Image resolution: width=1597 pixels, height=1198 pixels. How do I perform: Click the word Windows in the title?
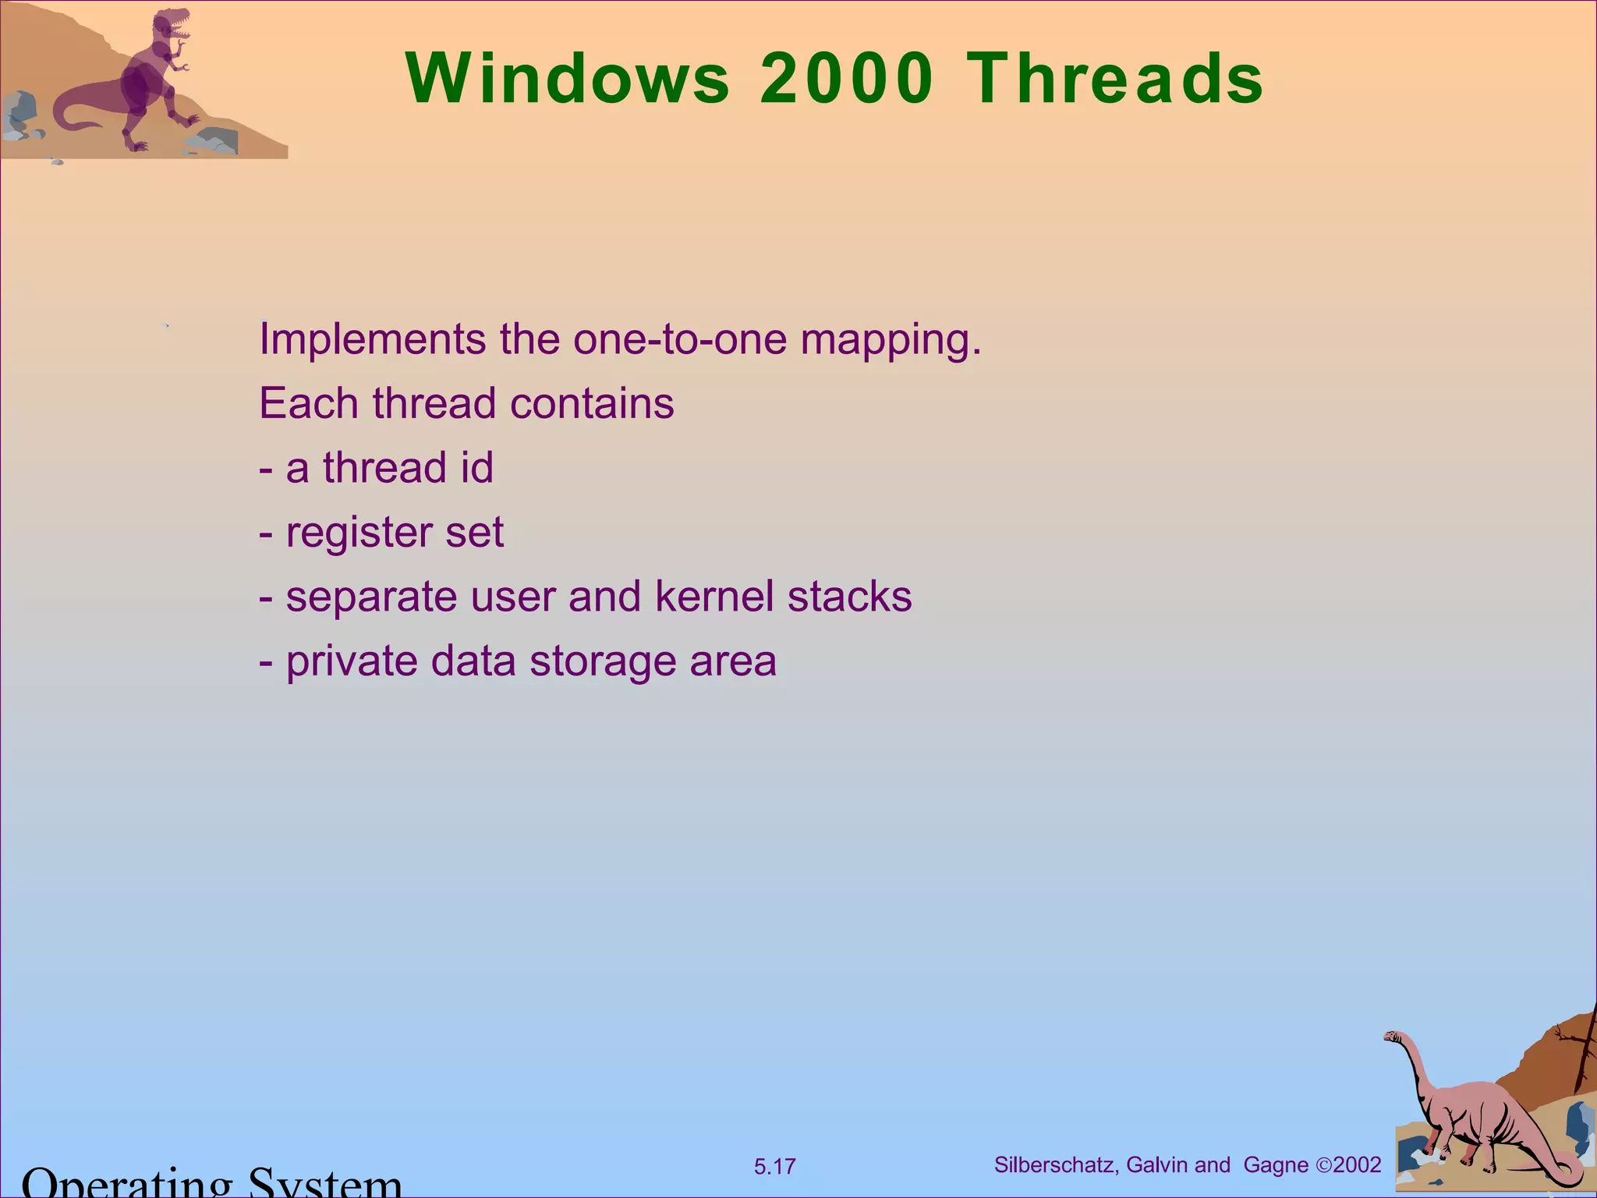click(x=568, y=79)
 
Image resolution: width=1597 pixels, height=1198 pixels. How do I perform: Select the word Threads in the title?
click(x=1115, y=79)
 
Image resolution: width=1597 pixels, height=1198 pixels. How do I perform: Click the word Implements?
click(x=373, y=341)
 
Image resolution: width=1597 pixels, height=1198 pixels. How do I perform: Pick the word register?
click(x=359, y=533)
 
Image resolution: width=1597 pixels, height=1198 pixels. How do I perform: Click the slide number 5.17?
click(x=774, y=1167)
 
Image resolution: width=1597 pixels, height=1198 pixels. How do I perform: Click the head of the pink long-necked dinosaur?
click(x=1393, y=1038)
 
